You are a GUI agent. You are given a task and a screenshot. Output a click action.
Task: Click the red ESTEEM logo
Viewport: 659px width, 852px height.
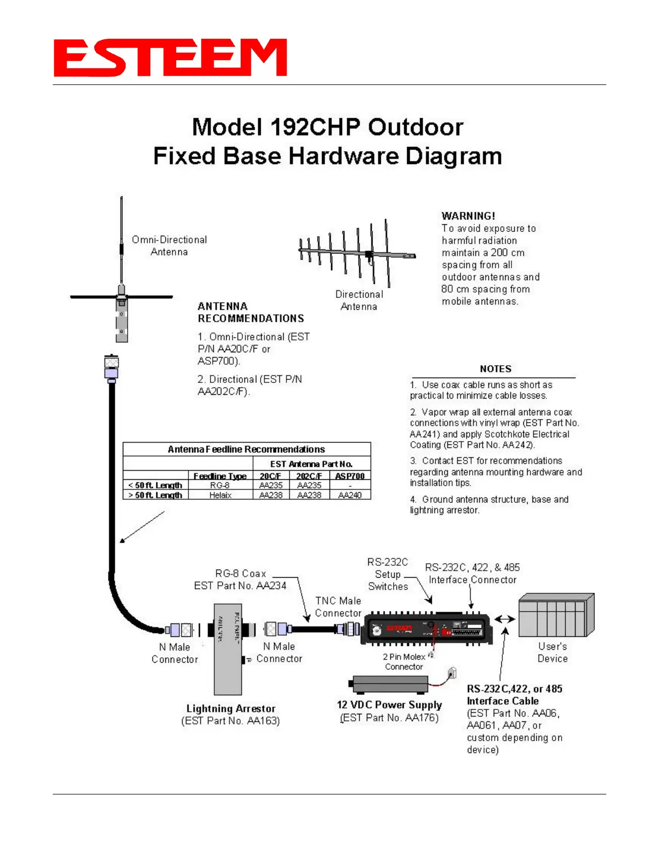tap(170, 58)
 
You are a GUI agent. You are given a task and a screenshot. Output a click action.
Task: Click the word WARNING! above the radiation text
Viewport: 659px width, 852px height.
tap(468, 216)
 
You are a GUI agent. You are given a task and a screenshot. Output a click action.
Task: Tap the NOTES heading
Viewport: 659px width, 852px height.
tap(495, 369)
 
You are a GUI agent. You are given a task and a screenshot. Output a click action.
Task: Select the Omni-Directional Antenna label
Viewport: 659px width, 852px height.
tap(169, 246)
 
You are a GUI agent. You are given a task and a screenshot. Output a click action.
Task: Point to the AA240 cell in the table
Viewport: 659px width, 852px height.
tap(350, 495)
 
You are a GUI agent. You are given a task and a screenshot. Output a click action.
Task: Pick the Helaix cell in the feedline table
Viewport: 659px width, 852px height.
tap(220, 495)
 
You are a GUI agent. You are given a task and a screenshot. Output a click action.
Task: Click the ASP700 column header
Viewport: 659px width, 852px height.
tap(350, 476)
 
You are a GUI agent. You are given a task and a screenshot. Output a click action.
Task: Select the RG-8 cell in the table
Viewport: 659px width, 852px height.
tap(220, 485)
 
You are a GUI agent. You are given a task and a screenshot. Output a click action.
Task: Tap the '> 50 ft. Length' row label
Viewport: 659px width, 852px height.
tap(156, 495)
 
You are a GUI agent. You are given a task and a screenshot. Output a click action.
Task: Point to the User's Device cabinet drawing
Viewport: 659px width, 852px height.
tap(556, 615)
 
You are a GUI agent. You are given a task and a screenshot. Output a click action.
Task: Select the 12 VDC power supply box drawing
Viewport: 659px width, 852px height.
tap(389, 684)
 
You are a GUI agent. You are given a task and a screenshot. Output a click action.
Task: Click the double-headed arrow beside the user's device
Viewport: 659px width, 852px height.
tap(504, 619)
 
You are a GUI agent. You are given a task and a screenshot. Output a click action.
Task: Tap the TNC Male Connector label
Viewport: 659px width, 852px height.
tap(338, 607)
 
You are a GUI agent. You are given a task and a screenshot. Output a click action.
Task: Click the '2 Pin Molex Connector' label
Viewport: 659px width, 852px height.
tap(404, 662)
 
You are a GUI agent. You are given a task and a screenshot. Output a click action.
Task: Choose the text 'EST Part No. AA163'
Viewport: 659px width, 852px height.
tap(230, 721)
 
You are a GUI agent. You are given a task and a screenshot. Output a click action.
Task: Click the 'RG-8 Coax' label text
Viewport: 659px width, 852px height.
tap(241, 573)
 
